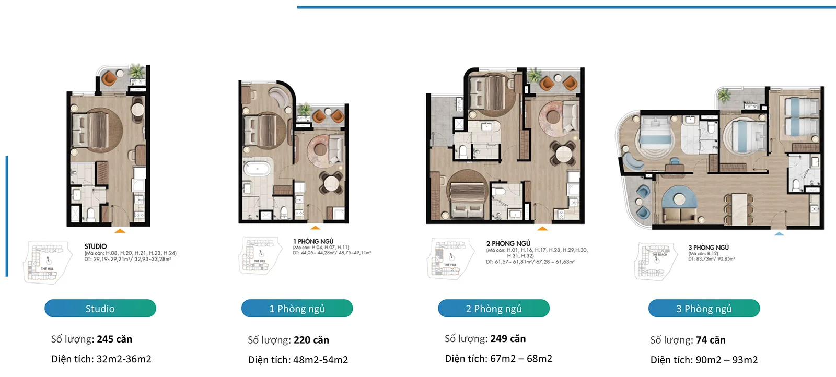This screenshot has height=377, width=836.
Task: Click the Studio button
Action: pyautogui.click(x=100, y=309)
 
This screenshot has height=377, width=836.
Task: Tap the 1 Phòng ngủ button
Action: pyautogui.click(x=297, y=309)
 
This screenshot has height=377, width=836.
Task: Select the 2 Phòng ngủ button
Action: pyautogui.click(x=494, y=309)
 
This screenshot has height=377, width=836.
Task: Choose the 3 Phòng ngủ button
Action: pyautogui.click(x=704, y=309)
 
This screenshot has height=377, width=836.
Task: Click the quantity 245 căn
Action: pyautogui.click(x=114, y=339)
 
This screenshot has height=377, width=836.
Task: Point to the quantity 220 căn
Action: pyautogui.click(x=311, y=340)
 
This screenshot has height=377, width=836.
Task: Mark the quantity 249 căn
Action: pyautogui.click(x=507, y=339)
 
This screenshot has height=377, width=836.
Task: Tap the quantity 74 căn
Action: pyautogui.click(x=710, y=340)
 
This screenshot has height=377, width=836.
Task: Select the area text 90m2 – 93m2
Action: pyautogui.click(x=726, y=360)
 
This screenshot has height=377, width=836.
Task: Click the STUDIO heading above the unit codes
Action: pyautogui.click(x=96, y=246)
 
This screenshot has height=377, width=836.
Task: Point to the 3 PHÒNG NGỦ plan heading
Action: pyautogui.click(x=708, y=248)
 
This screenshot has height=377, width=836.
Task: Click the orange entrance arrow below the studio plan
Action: pyautogui.click(x=120, y=230)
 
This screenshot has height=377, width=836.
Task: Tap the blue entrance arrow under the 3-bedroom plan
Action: pyautogui.click(x=779, y=234)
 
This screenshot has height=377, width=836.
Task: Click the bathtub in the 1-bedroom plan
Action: pyautogui.click(x=257, y=169)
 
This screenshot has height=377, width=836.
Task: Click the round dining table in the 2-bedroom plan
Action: pyautogui.click(x=563, y=154)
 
